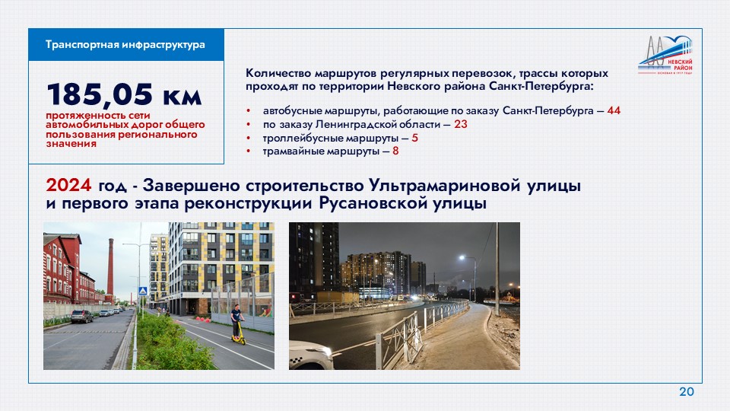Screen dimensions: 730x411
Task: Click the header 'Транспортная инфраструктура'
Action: (125, 45)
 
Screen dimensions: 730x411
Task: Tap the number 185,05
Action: (100, 94)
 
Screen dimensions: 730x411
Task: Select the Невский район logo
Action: (665, 56)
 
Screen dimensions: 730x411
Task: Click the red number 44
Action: (614, 110)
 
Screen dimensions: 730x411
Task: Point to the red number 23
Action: (461, 124)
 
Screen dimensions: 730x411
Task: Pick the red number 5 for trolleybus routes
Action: (415, 138)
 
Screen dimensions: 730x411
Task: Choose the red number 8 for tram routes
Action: (395, 151)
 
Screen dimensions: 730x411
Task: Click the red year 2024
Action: (68, 186)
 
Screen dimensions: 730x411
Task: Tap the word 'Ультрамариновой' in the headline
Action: (444, 186)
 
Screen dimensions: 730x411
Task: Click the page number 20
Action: (686, 391)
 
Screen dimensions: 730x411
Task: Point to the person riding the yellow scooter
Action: (237, 324)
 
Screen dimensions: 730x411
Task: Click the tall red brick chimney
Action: (110, 266)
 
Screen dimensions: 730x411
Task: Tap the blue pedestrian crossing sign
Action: (143, 292)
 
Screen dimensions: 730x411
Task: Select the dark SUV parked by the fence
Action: (81, 317)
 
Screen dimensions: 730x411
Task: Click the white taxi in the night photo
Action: (310, 355)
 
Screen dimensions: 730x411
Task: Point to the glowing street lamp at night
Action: (462, 258)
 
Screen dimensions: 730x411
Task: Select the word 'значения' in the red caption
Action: (71, 144)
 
